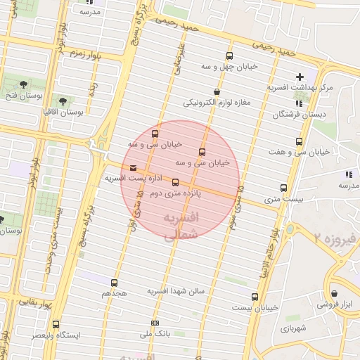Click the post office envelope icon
(134, 167)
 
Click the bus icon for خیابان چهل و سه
(229, 56)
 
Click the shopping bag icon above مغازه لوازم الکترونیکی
(216, 91)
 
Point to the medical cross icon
(300, 76)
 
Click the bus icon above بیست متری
(283, 188)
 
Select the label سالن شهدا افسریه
(175, 290)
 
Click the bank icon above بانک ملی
(155, 323)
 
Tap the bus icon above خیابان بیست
(255, 297)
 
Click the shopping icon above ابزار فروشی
(333, 293)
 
